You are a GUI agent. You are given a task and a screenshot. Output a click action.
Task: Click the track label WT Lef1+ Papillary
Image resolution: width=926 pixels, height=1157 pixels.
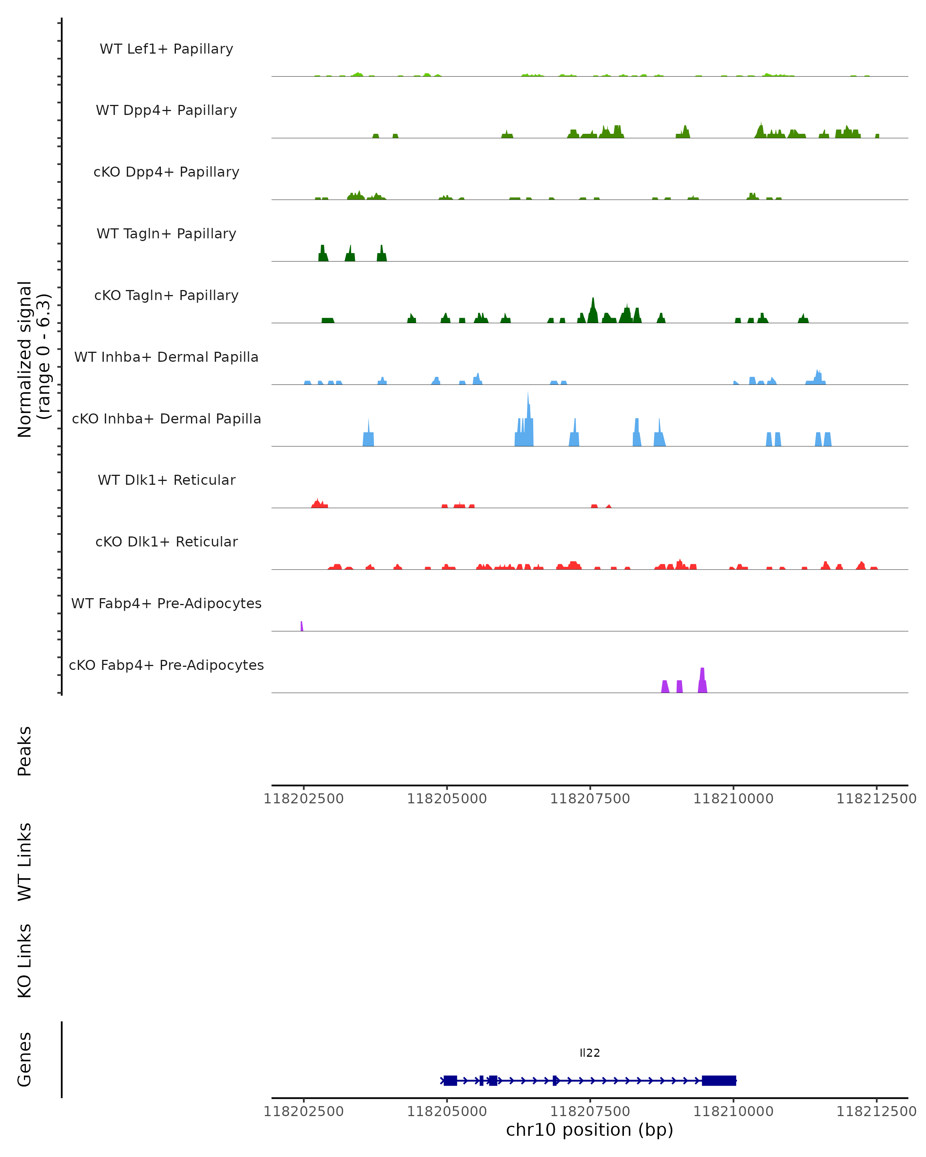point(166,49)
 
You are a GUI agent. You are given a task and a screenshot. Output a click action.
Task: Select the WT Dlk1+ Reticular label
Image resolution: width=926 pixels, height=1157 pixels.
point(166,480)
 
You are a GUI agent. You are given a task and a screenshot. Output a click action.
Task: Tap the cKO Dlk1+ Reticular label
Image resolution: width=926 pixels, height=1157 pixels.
point(166,541)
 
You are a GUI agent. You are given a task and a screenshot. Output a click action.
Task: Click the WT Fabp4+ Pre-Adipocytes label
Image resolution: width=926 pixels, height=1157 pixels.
point(166,603)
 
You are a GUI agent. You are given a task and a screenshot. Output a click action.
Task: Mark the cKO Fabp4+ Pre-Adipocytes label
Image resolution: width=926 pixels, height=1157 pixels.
point(166,665)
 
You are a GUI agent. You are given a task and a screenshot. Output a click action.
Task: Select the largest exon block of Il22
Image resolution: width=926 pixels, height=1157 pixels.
point(719,1080)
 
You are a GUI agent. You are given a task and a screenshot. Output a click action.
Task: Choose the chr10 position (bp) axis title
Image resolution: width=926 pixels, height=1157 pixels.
point(590,1130)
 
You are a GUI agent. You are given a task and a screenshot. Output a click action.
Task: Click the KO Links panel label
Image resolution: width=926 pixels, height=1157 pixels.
point(25,961)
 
